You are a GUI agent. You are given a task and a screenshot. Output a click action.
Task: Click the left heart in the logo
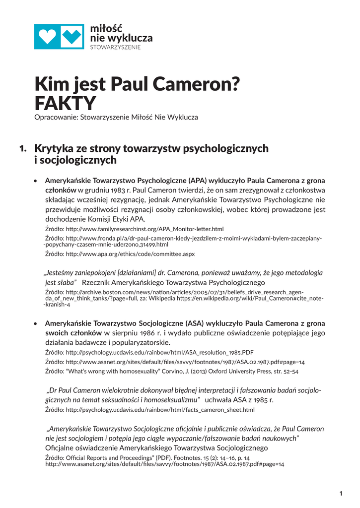(47, 36)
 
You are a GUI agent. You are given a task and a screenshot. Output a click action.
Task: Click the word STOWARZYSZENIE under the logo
(115, 47)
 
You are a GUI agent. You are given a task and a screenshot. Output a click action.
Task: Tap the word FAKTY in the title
(65, 104)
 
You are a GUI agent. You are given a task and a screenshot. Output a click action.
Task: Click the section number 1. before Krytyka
(23, 148)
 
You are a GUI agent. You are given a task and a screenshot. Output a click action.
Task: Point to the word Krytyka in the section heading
(55, 148)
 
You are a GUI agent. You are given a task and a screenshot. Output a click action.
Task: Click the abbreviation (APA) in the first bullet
(197, 181)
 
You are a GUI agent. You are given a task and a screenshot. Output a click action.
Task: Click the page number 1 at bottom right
(341, 493)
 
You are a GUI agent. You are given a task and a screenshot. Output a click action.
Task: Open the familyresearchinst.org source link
(144, 229)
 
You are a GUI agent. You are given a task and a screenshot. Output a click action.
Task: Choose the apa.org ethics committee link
(130, 254)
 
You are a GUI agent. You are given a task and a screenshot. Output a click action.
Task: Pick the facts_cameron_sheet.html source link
(160, 410)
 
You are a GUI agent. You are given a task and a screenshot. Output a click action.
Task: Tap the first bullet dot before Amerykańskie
(35, 181)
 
